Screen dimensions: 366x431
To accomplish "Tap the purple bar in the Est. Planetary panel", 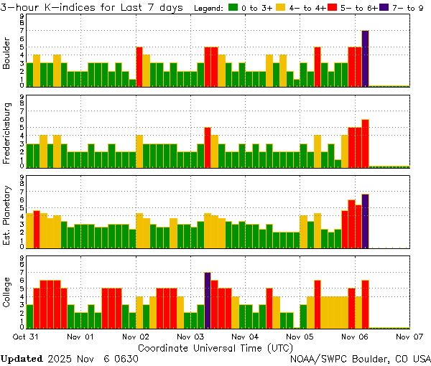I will point(365,220).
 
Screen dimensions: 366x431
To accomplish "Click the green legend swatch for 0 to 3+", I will point(233,8).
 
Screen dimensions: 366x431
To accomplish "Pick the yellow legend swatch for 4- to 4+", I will point(282,8).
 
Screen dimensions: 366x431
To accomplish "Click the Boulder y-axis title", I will point(7,53).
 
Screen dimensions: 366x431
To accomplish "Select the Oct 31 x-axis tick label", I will point(26,336).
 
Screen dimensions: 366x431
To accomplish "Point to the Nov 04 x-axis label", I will point(244,336).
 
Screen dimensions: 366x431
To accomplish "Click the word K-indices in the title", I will point(65,8).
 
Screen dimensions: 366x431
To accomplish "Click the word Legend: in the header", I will point(209,8).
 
